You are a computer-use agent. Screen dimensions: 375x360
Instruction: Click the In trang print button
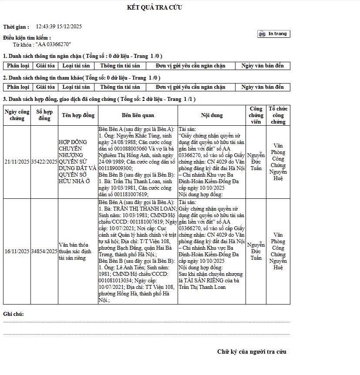[273, 34]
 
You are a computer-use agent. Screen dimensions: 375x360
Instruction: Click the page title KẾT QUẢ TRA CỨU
[155, 7]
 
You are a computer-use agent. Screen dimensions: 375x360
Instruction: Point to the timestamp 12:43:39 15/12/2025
[59, 27]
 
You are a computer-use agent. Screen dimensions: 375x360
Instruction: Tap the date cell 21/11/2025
[17, 162]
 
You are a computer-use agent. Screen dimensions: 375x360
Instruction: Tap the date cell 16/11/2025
[17, 251]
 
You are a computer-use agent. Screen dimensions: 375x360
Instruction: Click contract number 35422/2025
[44, 162]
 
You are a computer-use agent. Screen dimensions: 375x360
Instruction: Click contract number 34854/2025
[44, 251]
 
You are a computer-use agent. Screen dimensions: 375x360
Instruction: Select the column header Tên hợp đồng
[78, 115]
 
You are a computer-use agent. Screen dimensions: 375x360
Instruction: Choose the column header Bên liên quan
[138, 115]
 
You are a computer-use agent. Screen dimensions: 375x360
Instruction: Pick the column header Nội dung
[212, 115]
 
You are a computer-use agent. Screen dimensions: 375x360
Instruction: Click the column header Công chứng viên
[256, 115]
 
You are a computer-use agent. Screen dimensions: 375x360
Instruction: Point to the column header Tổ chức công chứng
[278, 115]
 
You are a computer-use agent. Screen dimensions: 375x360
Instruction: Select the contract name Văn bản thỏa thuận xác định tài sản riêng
[77, 251]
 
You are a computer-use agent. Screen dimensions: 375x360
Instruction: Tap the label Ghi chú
[13, 314]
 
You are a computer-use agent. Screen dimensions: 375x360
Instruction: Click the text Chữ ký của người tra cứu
[252, 352]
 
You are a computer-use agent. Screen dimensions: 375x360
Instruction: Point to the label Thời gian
[16, 27]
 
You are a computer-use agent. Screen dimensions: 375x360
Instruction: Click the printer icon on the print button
[262, 34]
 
